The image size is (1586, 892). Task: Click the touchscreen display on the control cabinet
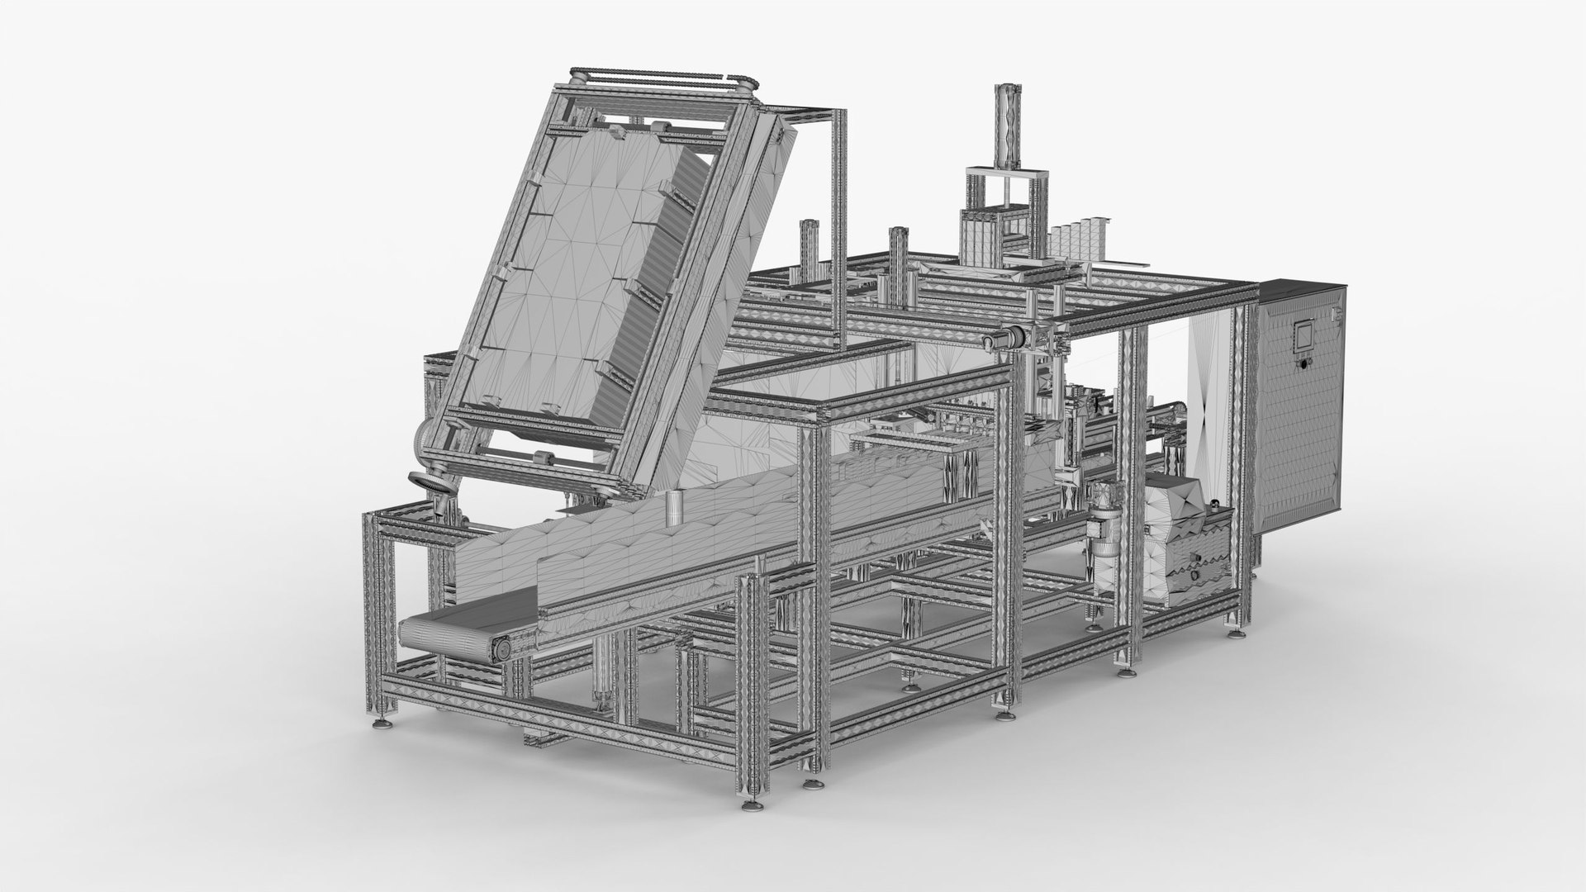click(x=1303, y=337)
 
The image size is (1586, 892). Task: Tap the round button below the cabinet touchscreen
click(x=1304, y=363)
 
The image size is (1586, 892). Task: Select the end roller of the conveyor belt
click(x=500, y=651)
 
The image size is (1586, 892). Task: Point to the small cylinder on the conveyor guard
click(x=677, y=507)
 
